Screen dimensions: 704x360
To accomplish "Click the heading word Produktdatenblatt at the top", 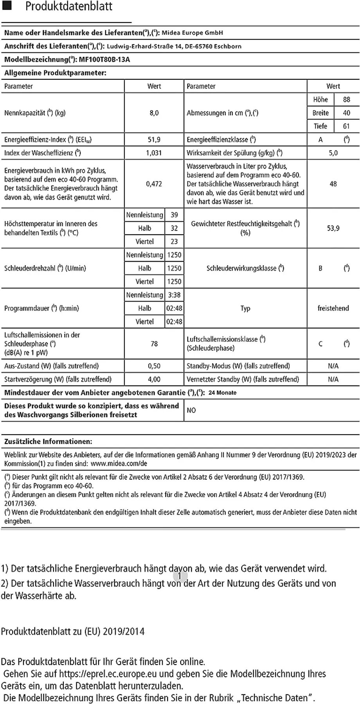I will tap(69, 6).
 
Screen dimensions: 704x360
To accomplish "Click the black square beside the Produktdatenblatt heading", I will tap(7, 6).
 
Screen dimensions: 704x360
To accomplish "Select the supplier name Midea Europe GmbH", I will tap(192, 33).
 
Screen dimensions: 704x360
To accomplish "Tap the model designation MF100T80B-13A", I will tap(104, 59).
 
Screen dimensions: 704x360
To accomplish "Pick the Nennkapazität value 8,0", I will tap(154, 113).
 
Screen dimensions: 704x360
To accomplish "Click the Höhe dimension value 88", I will tap(346, 99).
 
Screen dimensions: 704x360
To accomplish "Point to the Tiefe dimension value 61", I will tap(346, 126).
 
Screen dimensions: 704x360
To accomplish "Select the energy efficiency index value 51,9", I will tap(154, 140).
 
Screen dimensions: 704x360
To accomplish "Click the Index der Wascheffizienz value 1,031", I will tap(154, 153).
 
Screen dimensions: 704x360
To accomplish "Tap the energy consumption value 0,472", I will tap(154, 184).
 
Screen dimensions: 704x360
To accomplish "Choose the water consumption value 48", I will tap(333, 184).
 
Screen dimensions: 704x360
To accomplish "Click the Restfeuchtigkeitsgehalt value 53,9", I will tap(333, 228).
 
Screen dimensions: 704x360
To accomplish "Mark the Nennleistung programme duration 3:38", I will tap(174, 295).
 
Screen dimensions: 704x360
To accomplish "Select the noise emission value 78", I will tap(154, 344).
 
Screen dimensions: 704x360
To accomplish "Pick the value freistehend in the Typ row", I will tap(333, 308).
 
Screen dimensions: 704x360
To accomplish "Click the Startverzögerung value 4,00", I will tap(154, 379).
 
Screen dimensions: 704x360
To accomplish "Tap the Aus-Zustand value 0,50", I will tap(154, 366).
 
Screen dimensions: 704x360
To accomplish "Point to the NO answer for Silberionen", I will tap(191, 410).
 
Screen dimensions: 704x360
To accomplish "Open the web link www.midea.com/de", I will tap(119, 463).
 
